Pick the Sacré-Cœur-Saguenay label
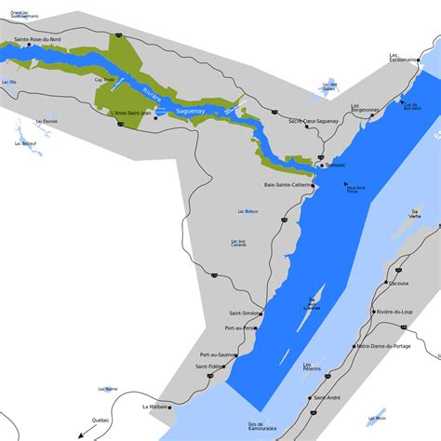pos(313,121)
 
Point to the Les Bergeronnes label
pos(367,109)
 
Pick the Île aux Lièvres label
pos(310,303)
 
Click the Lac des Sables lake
pos(326,84)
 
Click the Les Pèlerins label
pos(312,366)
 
